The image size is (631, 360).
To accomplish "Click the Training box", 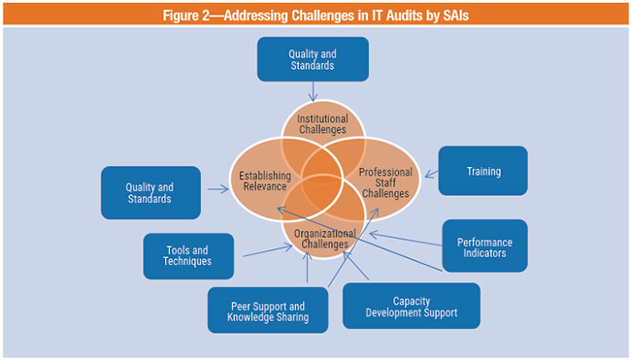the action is (483, 171).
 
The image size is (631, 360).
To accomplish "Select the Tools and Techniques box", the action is (188, 255).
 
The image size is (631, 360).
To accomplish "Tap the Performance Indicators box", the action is (485, 247).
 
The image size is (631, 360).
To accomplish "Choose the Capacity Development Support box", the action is (411, 306).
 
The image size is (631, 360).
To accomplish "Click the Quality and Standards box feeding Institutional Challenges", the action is (313, 59).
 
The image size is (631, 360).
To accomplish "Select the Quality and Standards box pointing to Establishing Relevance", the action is (150, 192).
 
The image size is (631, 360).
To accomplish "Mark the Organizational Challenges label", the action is (320, 239).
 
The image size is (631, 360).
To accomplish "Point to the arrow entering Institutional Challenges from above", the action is (313, 90).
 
